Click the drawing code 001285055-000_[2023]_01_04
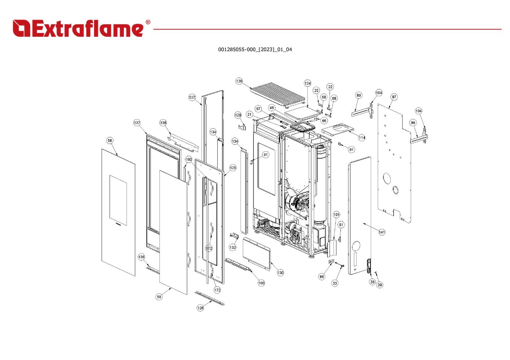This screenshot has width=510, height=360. (x=255, y=50)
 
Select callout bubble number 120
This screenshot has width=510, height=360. (x=239, y=81)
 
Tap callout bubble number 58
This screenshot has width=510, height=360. (x=110, y=140)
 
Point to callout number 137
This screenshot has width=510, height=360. (x=137, y=123)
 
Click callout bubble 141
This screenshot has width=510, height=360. (x=382, y=232)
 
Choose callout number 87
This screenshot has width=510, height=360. (x=394, y=97)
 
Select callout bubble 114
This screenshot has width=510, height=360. (x=362, y=137)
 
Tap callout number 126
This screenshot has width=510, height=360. (x=200, y=308)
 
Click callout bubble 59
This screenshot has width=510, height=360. (x=159, y=297)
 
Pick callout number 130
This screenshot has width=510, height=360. (x=280, y=273)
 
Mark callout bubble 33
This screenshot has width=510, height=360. (x=335, y=283)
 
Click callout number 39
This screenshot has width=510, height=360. (x=380, y=285)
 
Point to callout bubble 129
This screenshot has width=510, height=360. (x=238, y=115)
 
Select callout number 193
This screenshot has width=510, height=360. (x=189, y=159)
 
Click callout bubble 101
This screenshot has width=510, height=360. (x=336, y=214)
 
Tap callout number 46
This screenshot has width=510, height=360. (x=272, y=108)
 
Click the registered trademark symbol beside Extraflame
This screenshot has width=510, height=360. (x=148, y=22)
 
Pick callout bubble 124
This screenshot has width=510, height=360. (x=307, y=83)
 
